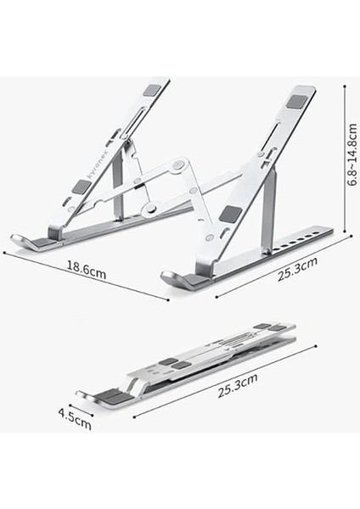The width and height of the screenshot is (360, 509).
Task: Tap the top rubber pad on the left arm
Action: pos(151,90)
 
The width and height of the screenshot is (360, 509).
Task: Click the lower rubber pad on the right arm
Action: pos(232,215)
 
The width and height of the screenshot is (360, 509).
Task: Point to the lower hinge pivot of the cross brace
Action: pos(149,206)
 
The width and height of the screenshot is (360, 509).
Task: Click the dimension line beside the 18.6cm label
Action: pos(85,276)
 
